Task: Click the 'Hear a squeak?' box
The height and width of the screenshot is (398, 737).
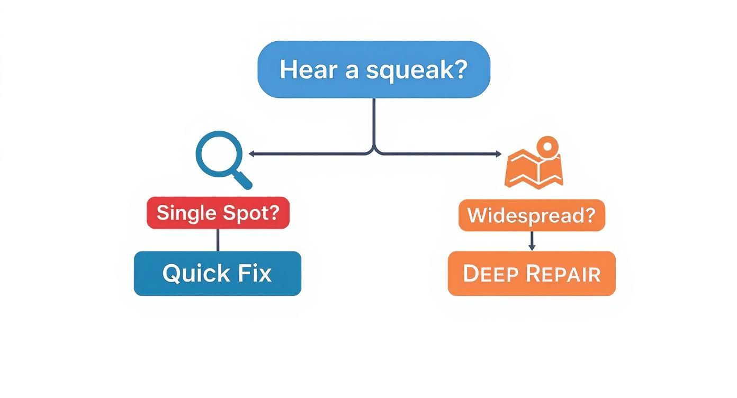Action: (374, 69)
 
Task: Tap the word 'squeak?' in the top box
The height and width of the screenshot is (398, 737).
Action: (417, 70)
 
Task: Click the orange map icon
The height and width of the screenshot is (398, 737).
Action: (534, 168)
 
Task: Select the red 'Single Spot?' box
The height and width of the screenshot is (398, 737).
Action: (218, 213)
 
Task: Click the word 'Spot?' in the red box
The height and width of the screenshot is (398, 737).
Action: (251, 213)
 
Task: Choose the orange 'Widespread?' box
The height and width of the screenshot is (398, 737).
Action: (532, 215)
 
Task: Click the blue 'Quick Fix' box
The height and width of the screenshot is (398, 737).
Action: (218, 273)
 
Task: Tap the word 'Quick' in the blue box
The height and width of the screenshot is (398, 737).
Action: (196, 274)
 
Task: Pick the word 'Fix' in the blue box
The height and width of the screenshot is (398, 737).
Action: (255, 273)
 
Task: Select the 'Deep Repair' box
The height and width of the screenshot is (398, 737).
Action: (532, 273)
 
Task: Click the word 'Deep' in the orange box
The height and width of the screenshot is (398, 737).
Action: (491, 273)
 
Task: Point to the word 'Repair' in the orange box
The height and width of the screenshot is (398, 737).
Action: (564, 273)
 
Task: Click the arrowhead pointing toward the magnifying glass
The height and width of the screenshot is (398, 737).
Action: (251, 153)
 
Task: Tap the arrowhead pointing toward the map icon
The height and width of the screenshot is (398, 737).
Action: (498, 153)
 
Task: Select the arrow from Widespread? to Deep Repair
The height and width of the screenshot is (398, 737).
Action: (532, 241)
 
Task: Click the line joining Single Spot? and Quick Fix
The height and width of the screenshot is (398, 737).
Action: (218, 240)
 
